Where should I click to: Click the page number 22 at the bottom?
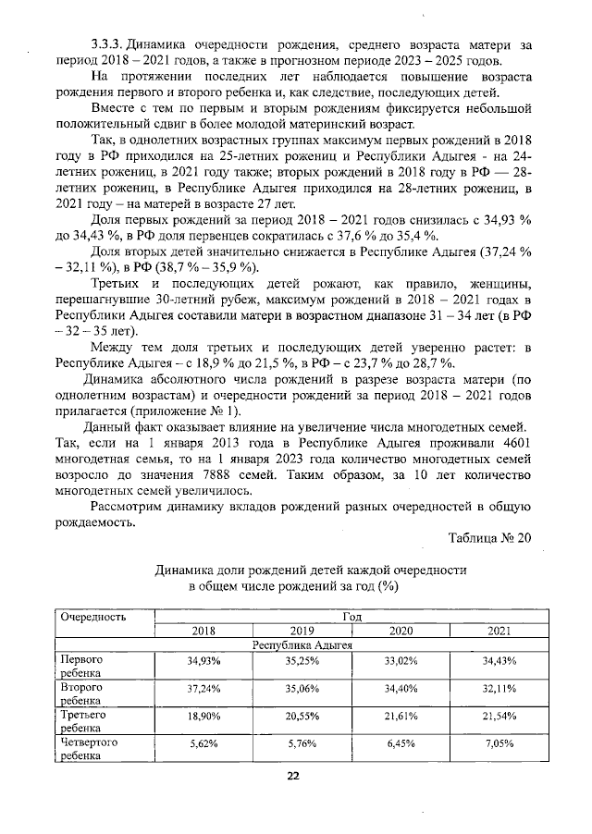click(292, 776)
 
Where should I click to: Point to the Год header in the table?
click(351, 616)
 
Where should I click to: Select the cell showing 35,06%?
click(302, 689)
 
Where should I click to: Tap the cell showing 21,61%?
click(401, 717)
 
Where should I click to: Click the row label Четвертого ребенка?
click(90, 748)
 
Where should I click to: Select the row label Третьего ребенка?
click(84, 721)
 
